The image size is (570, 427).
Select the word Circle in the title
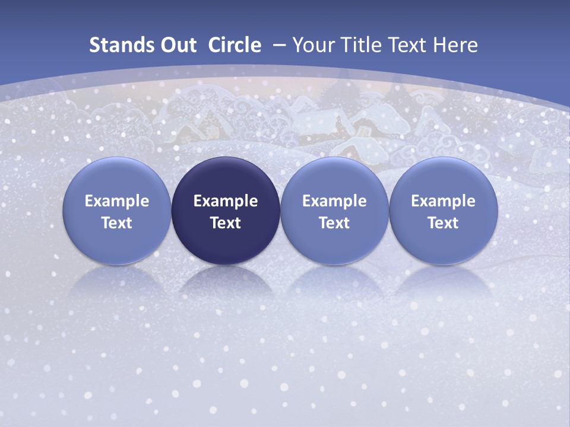[x=235, y=45]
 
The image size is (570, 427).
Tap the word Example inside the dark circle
[x=226, y=201]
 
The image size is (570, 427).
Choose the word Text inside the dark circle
[x=226, y=223]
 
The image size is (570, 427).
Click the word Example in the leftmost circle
[x=117, y=201]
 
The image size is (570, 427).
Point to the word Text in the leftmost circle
[x=117, y=223]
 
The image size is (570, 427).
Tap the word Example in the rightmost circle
[x=444, y=201]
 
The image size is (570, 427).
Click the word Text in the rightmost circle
[x=444, y=223]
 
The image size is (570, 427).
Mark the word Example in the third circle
[x=334, y=201]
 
